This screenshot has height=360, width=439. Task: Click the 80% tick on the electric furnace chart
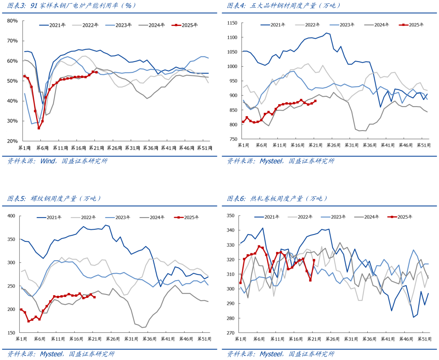click(12, 21)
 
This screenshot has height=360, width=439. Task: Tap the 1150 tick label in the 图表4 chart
click(232, 23)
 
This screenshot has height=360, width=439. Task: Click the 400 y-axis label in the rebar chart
click(11, 216)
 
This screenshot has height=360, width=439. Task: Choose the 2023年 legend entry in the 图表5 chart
click(123, 217)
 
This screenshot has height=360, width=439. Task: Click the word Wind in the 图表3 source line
click(48, 161)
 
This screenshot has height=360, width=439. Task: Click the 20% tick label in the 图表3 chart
click(12, 141)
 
